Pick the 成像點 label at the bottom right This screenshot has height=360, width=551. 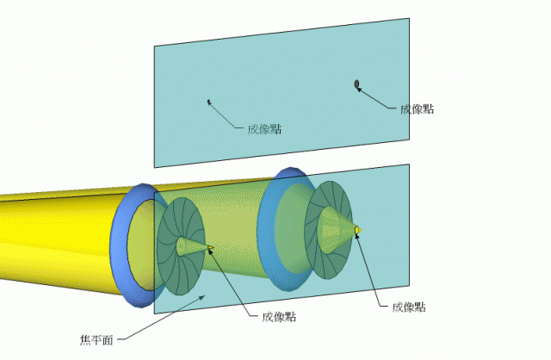tap(409, 307)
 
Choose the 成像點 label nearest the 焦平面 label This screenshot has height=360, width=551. tap(279, 316)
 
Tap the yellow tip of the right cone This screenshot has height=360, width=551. tap(357, 228)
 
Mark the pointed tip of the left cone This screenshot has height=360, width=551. tap(211, 251)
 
